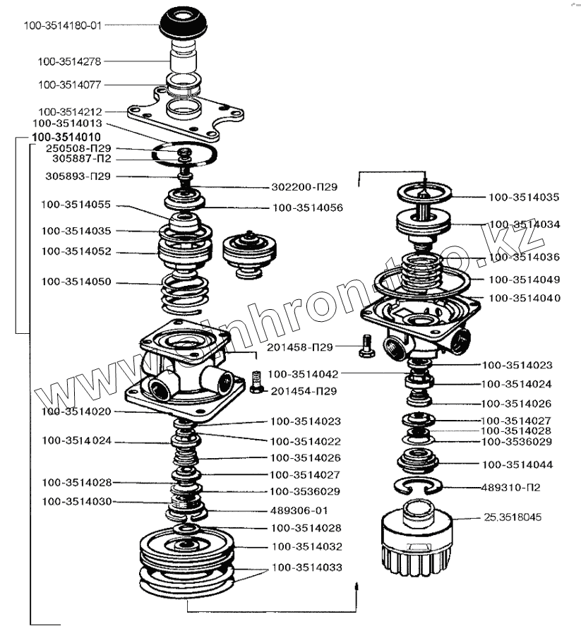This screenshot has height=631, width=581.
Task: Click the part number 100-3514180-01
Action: pos(63,25)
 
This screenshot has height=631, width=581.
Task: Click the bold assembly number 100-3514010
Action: pos(66,137)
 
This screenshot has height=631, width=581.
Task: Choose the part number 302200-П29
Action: pos(304,188)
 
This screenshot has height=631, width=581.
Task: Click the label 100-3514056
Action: pos(308,208)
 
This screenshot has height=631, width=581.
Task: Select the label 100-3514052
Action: pos(76,251)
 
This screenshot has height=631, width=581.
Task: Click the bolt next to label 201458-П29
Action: pos(364,347)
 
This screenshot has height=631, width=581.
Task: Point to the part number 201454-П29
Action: pos(304,391)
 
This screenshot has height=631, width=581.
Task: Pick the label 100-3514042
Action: pos(303,374)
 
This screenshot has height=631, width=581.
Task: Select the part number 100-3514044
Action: pos(517,465)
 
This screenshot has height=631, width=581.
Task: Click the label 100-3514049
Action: pos(524,279)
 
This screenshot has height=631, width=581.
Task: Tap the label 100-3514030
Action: pos(76,501)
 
